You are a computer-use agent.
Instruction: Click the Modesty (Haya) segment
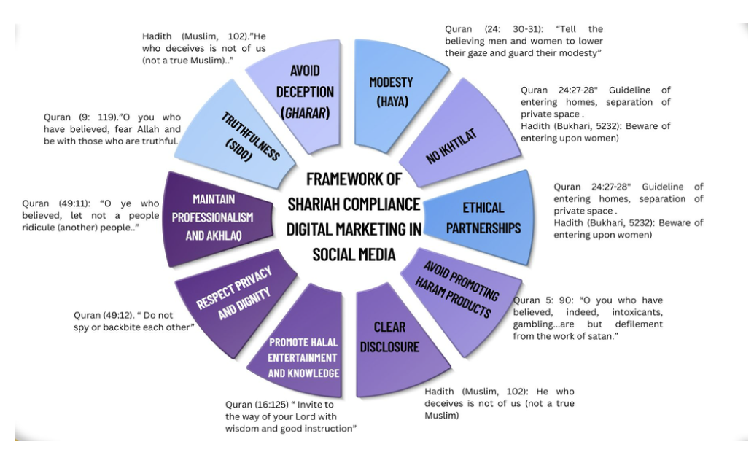tap(391, 91)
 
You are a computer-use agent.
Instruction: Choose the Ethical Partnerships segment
tap(483, 217)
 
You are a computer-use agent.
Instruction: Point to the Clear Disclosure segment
tap(390, 336)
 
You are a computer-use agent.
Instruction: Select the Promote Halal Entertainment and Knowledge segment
tap(303, 357)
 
